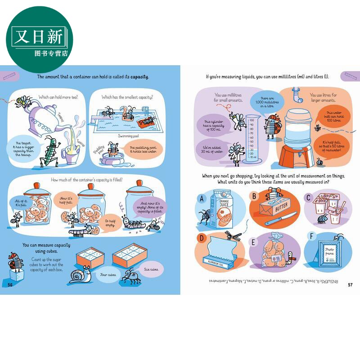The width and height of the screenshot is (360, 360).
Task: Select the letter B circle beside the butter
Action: (255, 197)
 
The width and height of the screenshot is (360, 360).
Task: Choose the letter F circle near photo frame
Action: (309, 236)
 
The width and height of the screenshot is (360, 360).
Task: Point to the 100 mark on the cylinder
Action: (252, 120)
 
